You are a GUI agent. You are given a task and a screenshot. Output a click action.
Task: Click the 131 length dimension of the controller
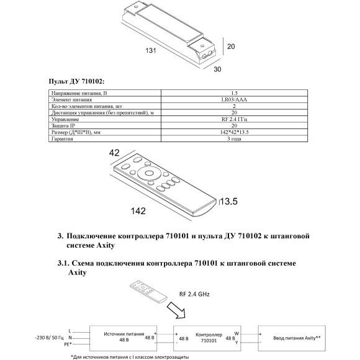151,50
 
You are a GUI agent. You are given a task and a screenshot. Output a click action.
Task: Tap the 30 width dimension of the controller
217,69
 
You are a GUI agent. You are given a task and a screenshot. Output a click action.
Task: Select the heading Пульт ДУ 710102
76,81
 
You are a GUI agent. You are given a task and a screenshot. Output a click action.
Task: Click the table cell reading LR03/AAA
234,100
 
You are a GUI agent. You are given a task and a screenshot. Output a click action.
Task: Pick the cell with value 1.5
234,93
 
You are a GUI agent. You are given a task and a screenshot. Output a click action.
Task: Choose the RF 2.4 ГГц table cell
234,119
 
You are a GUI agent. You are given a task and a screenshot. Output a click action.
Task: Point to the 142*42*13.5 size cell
234,132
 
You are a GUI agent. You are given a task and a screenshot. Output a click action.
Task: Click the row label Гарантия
62,138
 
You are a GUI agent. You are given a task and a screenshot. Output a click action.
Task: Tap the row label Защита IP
63,126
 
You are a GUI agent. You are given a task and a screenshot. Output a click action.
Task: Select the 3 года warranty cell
234,138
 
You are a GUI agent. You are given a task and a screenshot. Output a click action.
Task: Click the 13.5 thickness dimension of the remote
229,201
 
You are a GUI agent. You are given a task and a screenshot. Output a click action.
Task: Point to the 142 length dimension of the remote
138,211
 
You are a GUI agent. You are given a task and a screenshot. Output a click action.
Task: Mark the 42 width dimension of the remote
114,153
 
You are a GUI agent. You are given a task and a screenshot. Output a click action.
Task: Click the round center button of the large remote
149,173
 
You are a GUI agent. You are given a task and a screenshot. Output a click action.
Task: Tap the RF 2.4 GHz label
194,294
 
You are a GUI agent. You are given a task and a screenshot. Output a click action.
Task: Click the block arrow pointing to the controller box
176,310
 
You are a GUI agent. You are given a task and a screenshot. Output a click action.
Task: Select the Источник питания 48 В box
123,338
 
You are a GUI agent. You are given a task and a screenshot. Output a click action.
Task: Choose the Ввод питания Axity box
292,338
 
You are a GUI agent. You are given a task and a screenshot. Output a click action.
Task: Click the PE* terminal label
68,344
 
